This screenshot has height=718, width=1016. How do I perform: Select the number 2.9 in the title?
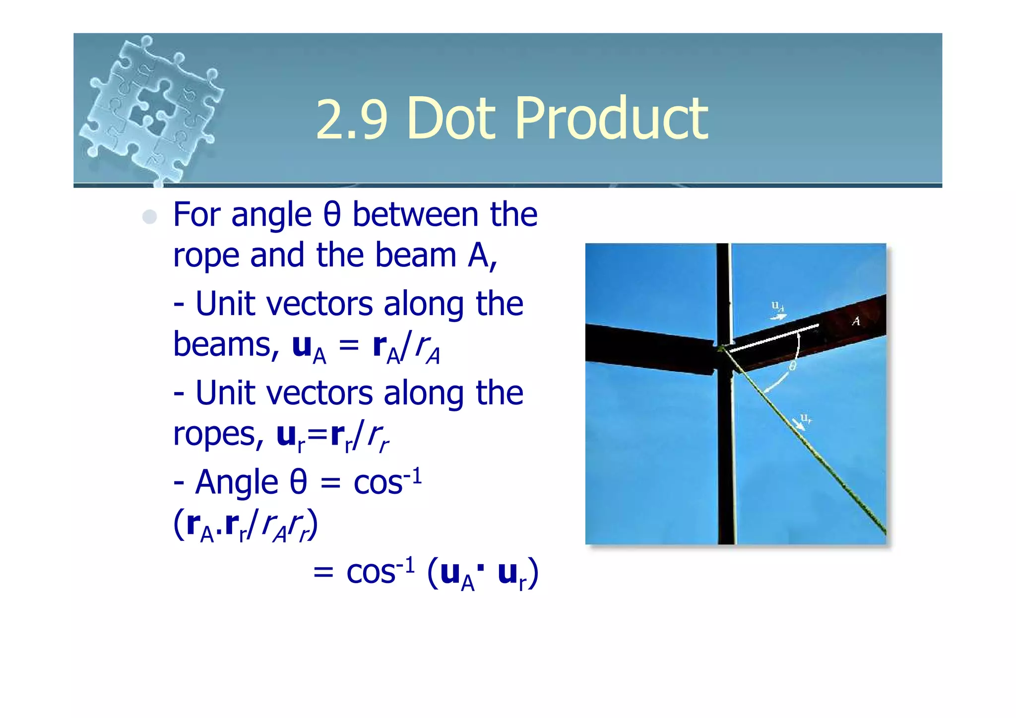(351, 119)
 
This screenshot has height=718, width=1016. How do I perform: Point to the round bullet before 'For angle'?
(149, 217)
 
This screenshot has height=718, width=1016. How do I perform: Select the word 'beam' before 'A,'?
(415, 255)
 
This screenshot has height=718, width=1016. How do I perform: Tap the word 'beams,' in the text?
(226, 344)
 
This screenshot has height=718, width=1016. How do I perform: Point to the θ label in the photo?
(792, 366)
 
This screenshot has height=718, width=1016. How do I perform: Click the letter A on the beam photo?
(856, 322)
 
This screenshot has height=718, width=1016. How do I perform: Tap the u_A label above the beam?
(777, 307)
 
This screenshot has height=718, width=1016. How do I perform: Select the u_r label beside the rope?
(806, 419)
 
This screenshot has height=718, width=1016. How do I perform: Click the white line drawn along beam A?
(774, 338)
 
